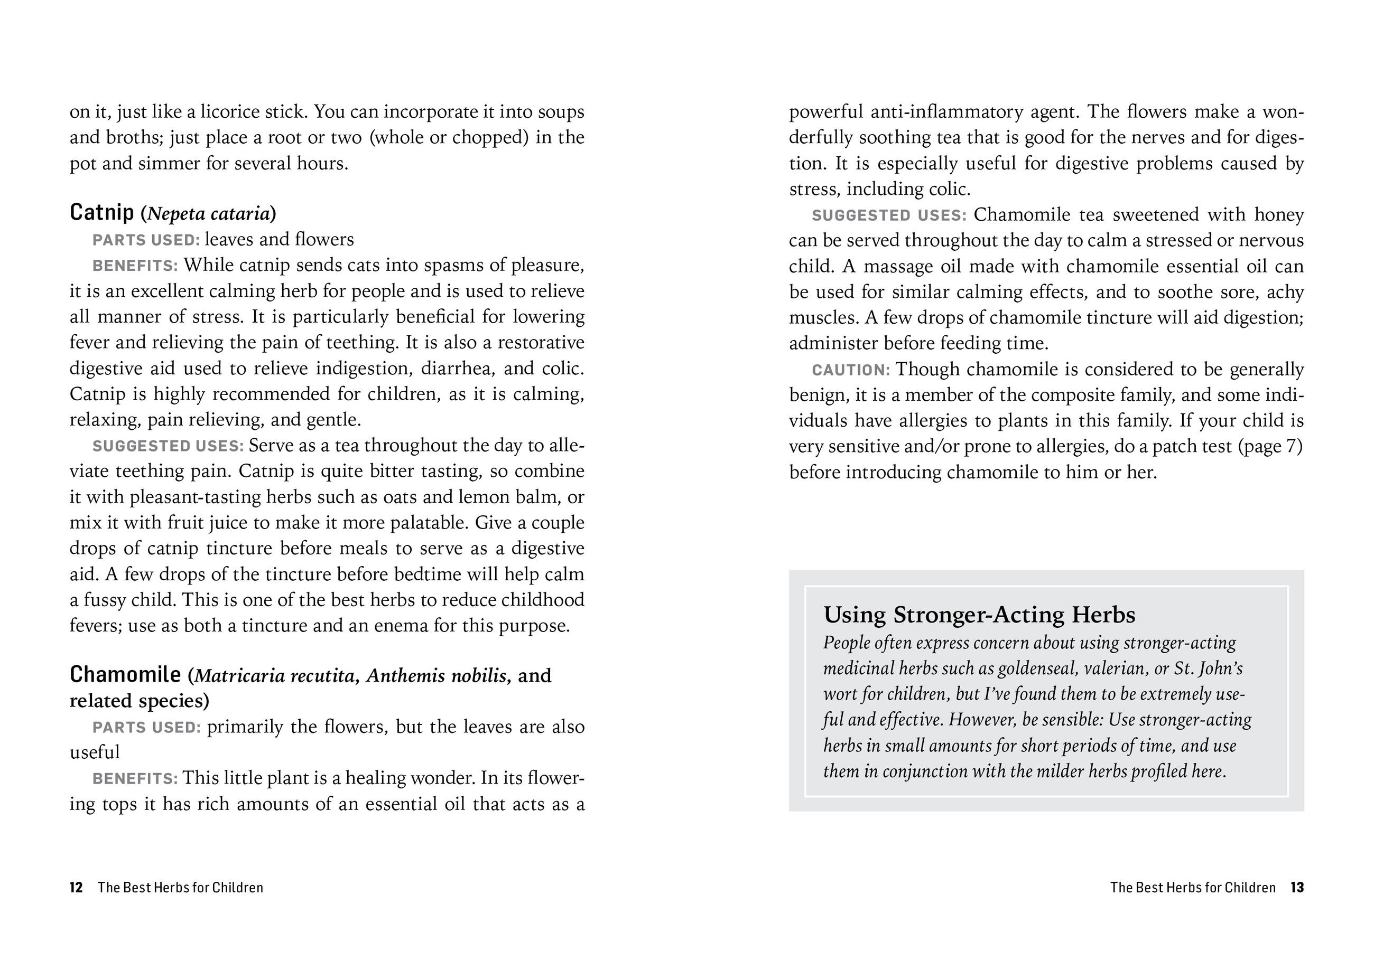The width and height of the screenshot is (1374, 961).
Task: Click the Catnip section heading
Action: tap(102, 212)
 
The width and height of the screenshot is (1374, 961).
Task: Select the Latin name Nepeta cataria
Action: tap(208, 213)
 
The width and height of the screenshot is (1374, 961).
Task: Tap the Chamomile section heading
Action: tap(125, 675)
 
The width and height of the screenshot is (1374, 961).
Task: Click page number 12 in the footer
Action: tap(76, 888)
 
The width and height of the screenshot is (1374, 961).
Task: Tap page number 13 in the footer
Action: tap(1297, 888)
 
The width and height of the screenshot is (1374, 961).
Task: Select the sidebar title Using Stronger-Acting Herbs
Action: tap(979, 615)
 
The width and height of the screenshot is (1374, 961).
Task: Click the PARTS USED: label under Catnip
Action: tap(146, 240)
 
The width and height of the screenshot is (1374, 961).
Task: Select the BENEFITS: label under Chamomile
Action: tap(135, 779)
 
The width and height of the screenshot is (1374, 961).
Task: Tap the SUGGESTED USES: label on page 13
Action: tap(889, 215)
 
